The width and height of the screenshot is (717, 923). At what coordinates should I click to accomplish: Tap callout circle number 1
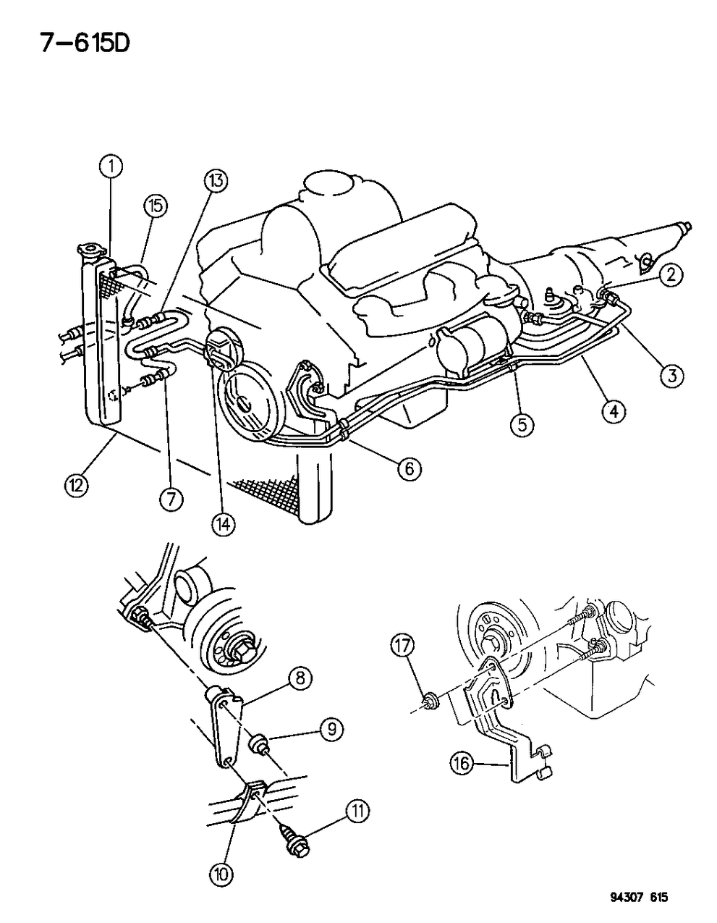click(x=111, y=168)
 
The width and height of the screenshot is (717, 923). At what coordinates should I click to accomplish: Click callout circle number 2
click(x=671, y=273)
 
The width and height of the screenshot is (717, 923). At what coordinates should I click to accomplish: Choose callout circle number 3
click(x=672, y=375)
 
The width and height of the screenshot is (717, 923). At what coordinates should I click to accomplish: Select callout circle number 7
click(x=172, y=499)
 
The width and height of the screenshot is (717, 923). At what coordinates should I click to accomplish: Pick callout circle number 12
click(x=75, y=484)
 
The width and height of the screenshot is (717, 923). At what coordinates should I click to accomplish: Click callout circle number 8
click(x=300, y=678)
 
